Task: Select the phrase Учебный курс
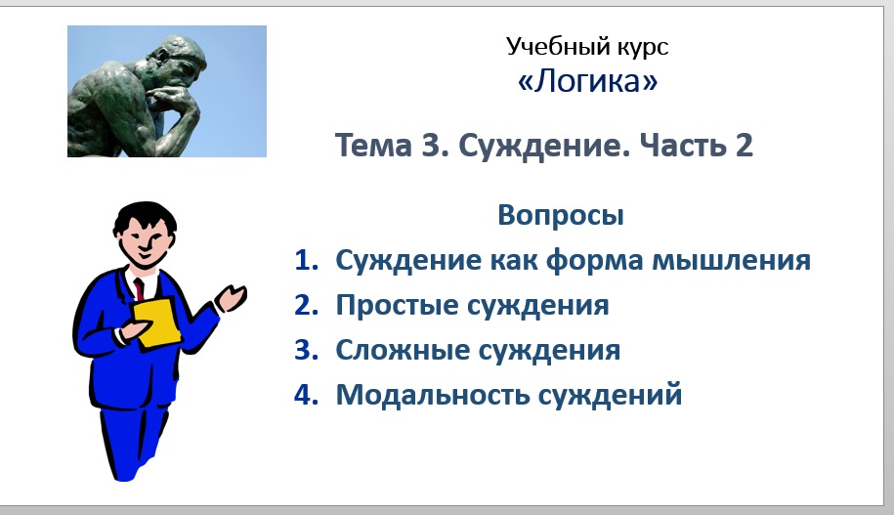(x=587, y=46)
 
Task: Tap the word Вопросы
(x=560, y=215)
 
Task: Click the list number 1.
(x=307, y=261)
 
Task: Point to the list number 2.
(x=307, y=306)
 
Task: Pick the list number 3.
(x=307, y=350)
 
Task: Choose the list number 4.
(x=307, y=395)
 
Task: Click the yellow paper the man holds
(x=156, y=323)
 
